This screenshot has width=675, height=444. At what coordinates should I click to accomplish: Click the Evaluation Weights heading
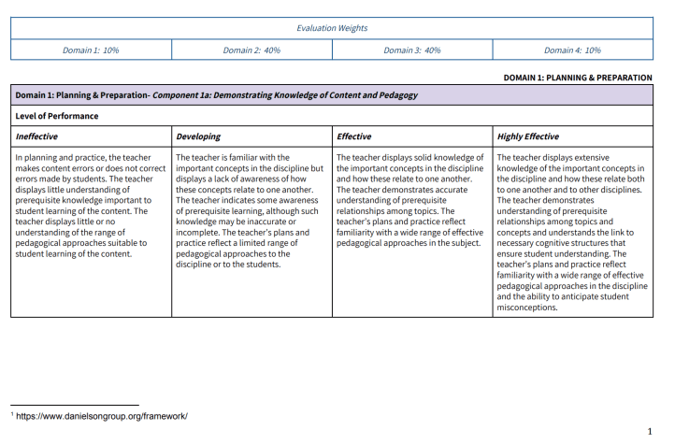(332, 28)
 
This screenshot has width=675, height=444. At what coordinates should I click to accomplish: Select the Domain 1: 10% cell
(91, 50)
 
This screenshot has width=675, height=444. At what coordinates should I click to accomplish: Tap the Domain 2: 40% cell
(251, 50)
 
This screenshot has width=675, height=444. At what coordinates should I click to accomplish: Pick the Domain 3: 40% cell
(412, 50)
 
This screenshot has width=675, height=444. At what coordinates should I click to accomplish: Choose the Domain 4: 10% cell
(572, 50)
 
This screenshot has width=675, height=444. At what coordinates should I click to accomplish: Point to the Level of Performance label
(57, 116)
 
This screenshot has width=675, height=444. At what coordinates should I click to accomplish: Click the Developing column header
(198, 136)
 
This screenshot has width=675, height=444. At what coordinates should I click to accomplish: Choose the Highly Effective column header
(528, 136)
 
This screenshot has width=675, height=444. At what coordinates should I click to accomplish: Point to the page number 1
(649, 432)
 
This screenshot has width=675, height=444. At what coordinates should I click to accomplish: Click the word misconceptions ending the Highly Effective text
(527, 307)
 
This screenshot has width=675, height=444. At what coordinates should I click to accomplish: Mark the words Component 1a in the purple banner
(183, 95)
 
